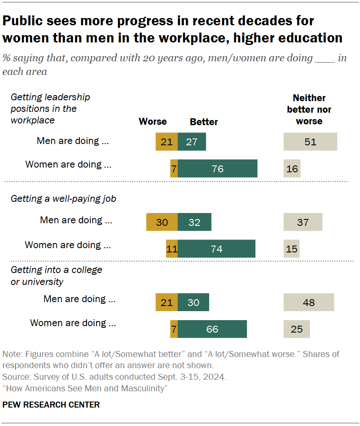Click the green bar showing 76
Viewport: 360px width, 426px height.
tap(217, 168)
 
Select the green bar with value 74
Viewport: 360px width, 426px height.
tap(216, 249)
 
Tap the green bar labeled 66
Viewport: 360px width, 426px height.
tap(212, 329)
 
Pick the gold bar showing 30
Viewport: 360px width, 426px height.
tap(162, 222)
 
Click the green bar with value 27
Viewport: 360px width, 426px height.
tap(192, 142)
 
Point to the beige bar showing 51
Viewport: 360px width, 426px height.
tap(310, 142)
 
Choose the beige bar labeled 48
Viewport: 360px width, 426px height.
tap(309, 302)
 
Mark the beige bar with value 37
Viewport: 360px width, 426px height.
tap(303, 222)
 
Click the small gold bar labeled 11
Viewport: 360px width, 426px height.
tap(172, 249)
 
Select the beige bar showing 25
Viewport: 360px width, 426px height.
tap(297, 329)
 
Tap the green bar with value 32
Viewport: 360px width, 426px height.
tap(195, 222)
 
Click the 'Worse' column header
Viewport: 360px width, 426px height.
tap(153, 122)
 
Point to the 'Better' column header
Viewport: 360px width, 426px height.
tap(204, 122)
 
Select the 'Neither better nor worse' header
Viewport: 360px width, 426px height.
tap(309, 109)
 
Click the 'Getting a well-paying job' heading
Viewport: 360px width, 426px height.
tap(63, 199)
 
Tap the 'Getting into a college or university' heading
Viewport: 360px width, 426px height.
tap(57, 276)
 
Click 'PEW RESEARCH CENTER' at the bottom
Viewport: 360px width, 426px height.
tap(51, 405)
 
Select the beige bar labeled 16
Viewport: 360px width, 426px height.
tap(292, 168)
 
